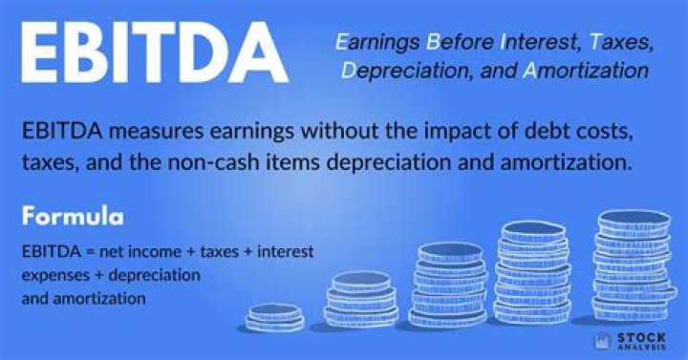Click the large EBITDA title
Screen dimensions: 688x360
pos(155,53)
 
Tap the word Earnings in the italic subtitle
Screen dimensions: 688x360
pos(377,43)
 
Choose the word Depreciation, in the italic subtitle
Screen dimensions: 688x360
pos(407,71)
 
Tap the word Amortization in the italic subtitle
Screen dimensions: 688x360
pos(586,70)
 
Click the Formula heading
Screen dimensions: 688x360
pos(73,217)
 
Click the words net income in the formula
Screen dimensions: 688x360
pos(140,252)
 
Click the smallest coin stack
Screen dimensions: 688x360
pos(275,317)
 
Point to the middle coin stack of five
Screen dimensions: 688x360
pos(448,285)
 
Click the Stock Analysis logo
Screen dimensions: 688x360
pos(631,341)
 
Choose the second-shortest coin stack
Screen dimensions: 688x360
pos(361,300)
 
